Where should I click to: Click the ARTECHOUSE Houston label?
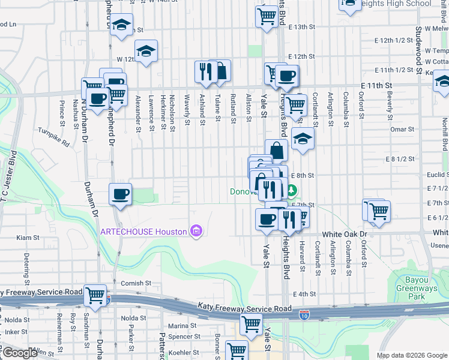pyautogui.click(x=143, y=232)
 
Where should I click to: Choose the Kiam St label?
pyautogui.click(x=28, y=238)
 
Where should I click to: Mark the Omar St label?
pyautogui.click(x=402, y=129)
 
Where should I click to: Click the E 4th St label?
pyautogui.click(x=305, y=294)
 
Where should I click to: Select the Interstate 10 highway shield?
pyautogui.click(x=304, y=316)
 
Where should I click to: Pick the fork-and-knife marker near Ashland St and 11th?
pyautogui.click(x=205, y=71)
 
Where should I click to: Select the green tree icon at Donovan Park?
pyautogui.click(x=292, y=191)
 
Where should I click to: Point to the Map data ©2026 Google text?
pyautogui.click(x=412, y=355)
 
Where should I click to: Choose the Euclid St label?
pyautogui.click(x=438, y=174)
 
